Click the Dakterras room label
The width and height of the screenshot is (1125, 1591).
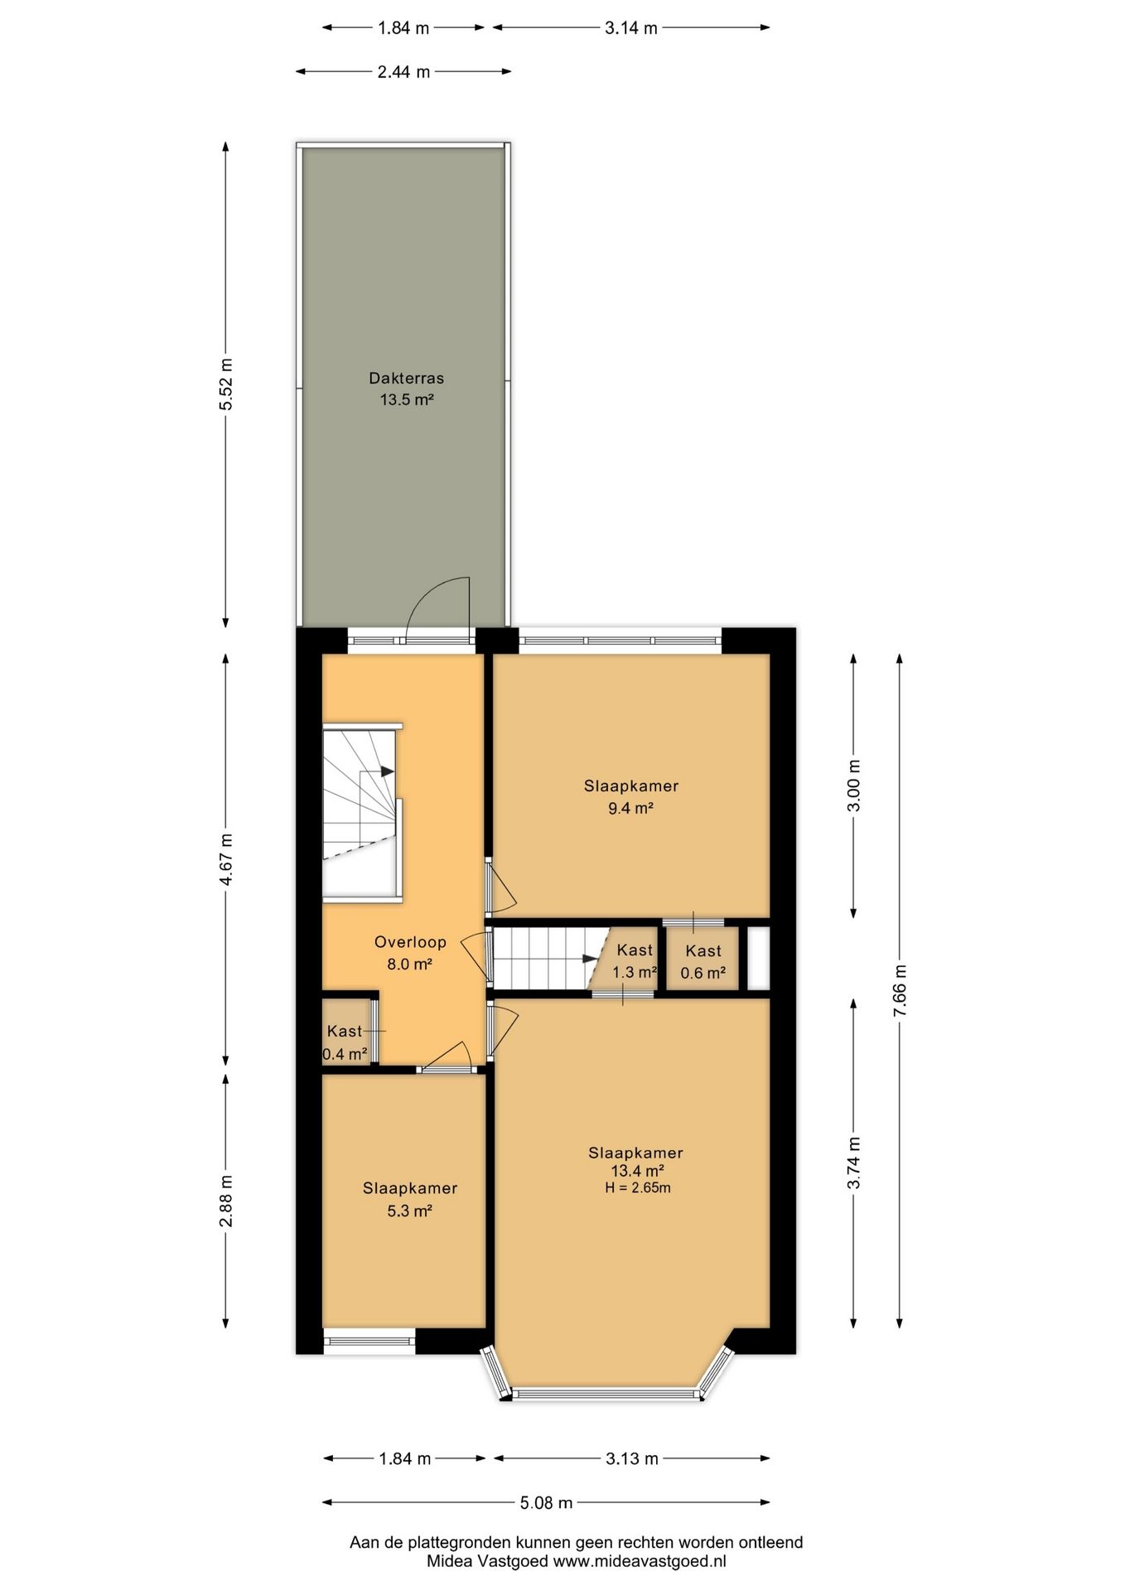[x=406, y=378]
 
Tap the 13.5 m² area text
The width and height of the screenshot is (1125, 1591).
[x=407, y=399]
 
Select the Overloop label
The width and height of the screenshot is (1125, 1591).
[x=410, y=941]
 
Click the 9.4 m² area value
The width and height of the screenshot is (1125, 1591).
[x=631, y=808]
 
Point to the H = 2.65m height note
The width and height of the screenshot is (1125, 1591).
[x=637, y=1187]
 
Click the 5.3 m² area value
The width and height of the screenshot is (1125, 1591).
[x=410, y=1211]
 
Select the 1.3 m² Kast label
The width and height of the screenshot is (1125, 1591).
[x=635, y=950]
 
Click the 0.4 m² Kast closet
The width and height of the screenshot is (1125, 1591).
[x=346, y=1032]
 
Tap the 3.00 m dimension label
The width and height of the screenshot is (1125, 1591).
[x=854, y=785]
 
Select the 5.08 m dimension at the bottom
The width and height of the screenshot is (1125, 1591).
[x=546, y=1502]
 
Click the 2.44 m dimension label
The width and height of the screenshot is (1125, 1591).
[x=403, y=71]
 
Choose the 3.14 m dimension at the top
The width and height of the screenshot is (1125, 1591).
[x=631, y=28]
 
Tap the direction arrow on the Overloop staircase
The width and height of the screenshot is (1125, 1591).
[x=386, y=771]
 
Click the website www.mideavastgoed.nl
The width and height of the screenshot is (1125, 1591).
[x=640, y=1560]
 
